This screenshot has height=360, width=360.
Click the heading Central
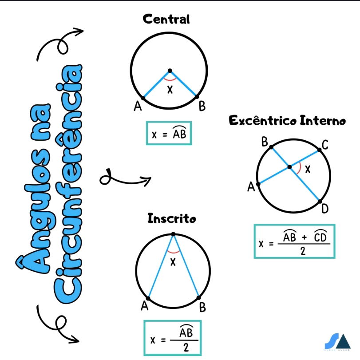(x=166, y=19)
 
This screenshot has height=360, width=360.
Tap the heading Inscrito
(x=172, y=218)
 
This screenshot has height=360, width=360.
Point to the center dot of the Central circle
(x=170, y=71)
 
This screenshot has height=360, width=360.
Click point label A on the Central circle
(x=138, y=106)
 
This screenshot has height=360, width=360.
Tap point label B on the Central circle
(x=202, y=106)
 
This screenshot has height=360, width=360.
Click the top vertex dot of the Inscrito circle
(x=174, y=234)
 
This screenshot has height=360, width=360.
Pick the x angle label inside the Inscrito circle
(x=173, y=262)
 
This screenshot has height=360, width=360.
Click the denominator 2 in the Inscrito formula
(x=186, y=348)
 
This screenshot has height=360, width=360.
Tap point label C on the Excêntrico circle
(x=325, y=145)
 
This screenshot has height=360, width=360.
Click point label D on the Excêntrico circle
(x=325, y=209)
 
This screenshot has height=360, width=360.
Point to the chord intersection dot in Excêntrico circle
(x=290, y=167)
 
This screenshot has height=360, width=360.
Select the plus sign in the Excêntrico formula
(x=305, y=237)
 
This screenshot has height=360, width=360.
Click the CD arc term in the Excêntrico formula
(x=320, y=236)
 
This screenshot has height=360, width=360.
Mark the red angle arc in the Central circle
(x=170, y=79)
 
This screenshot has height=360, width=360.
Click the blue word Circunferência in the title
(x=68, y=184)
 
